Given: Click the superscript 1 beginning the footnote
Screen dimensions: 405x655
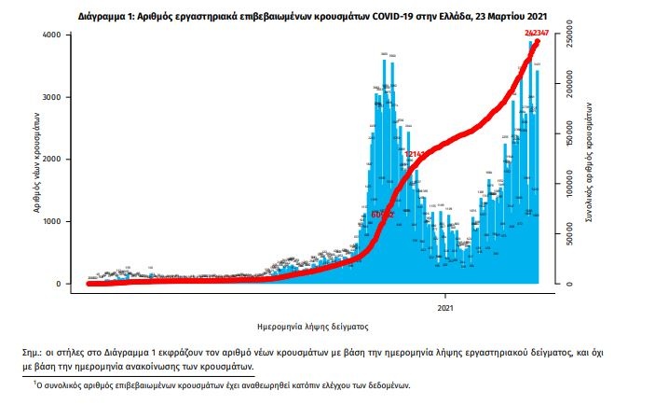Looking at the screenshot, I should click(x=35, y=382).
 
